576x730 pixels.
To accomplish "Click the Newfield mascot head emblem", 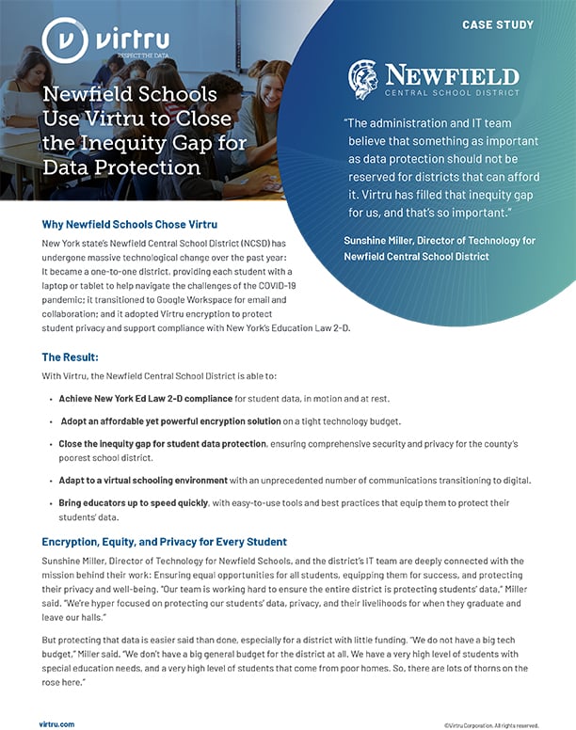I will [x=362, y=79].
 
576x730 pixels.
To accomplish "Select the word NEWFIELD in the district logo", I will [x=451, y=74].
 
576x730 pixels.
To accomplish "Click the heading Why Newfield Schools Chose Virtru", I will [x=130, y=225].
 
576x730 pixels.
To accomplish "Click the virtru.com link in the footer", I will [x=56, y=723].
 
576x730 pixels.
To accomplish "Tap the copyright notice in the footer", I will [x=491, y=724].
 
